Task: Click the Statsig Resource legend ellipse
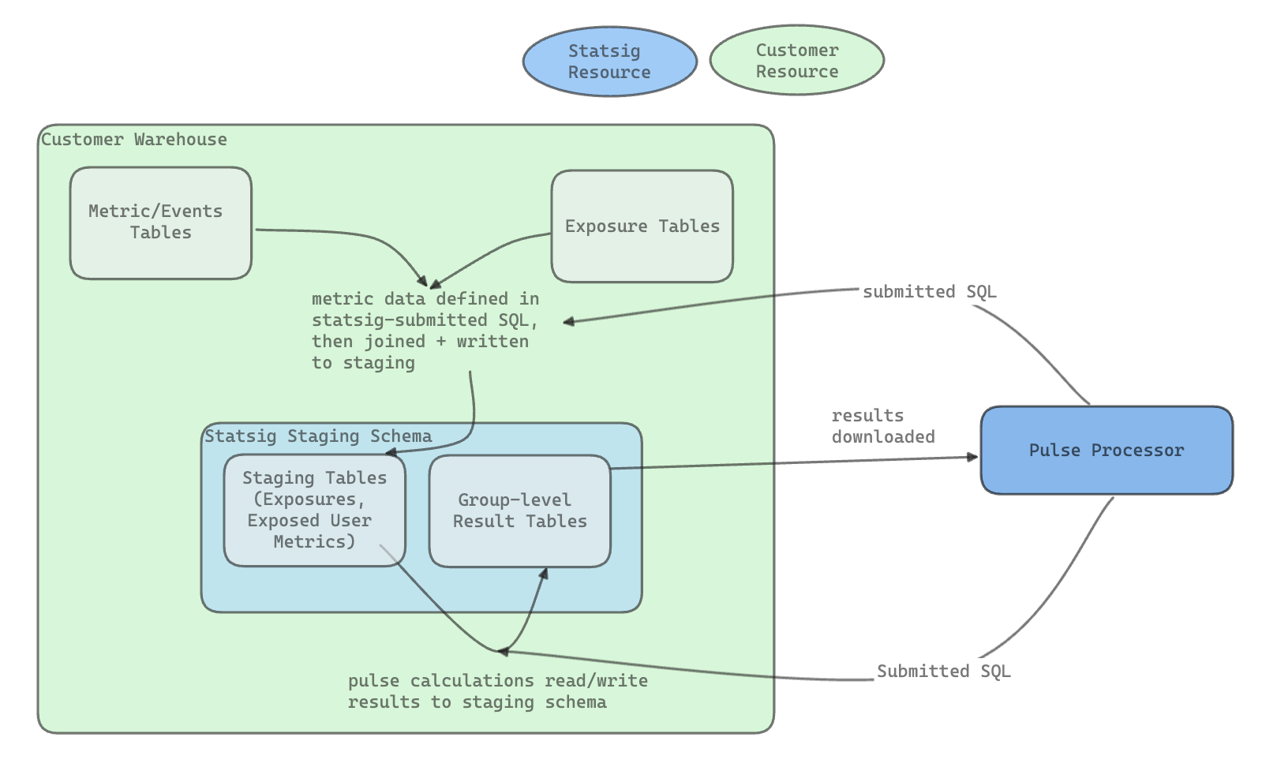point(609,62)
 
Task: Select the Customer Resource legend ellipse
point(796,61)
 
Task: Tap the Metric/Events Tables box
point(160,223)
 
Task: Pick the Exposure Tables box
point(642,226)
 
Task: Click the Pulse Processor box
point(1106,451)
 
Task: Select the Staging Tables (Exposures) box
point(314,510)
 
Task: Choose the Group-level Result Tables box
point(519,511)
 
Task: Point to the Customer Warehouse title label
point(133,140)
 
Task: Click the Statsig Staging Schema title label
point(318,436)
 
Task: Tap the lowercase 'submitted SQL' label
point(929,292)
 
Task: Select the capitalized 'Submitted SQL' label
point(943,672)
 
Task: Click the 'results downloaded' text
point(882,426)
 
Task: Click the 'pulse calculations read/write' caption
point(497,681)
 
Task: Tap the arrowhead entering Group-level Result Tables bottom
point(543,574)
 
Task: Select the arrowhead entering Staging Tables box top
point(390,453)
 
